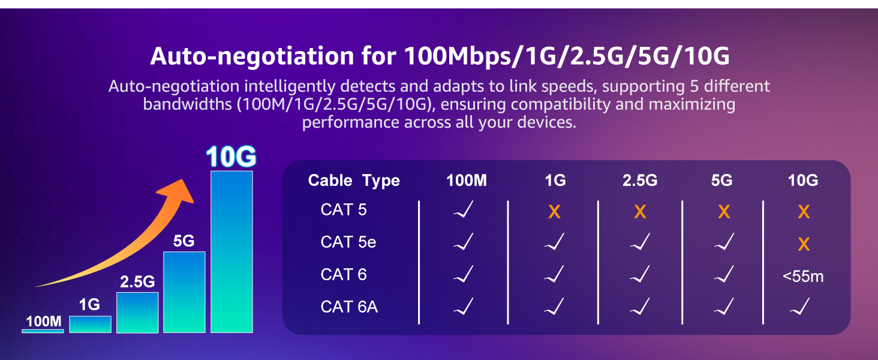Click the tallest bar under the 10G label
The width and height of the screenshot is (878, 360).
[231, 252]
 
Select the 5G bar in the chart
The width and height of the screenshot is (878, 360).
[184, 292]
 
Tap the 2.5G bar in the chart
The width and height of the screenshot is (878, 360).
[137, 313]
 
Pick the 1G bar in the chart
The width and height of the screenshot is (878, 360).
[90, 325]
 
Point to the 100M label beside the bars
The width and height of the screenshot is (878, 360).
[44, 322]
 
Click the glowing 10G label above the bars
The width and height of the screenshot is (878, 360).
[231, 157]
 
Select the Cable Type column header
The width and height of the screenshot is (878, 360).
[354, 181]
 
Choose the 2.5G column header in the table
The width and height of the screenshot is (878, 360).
[640, 181]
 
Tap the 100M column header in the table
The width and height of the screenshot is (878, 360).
[467, 181]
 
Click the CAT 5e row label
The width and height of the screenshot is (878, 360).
[348, 242]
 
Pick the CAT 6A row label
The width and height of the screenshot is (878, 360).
[349, 307]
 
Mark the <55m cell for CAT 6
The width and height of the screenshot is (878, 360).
[803, 277]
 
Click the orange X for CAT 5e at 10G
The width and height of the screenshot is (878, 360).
[804, 244]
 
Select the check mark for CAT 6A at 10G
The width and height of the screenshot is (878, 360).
[799, 306]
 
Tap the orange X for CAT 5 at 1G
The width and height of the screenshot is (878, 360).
[554, 212]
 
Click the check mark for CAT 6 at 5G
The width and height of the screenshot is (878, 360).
[724, 274]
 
